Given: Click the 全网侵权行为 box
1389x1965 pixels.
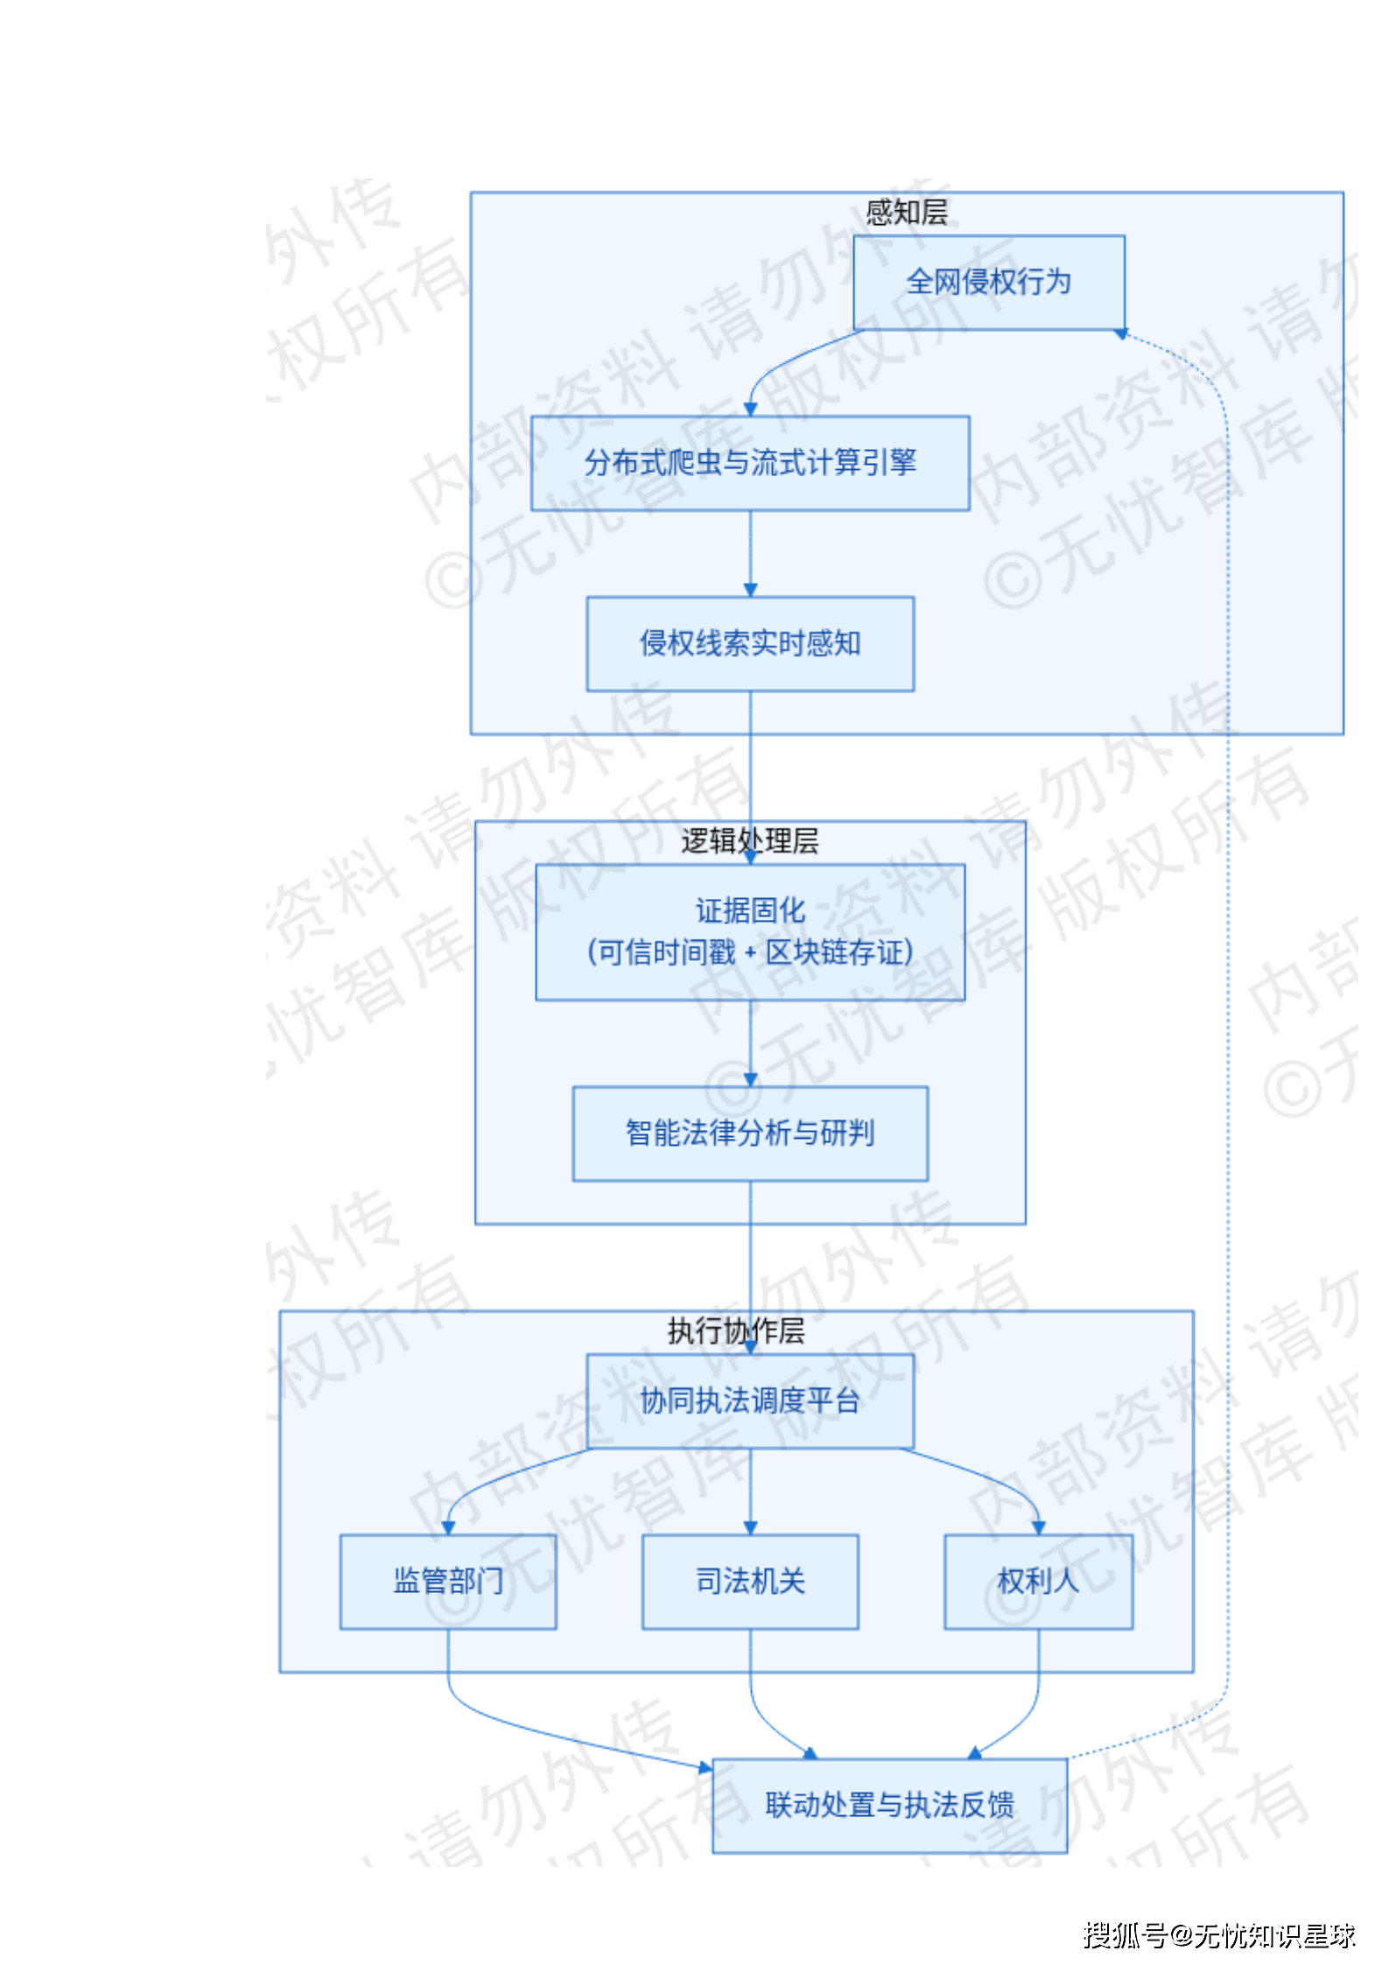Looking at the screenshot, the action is click(988, 282).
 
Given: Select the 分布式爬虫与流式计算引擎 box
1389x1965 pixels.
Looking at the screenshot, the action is click(750, 462).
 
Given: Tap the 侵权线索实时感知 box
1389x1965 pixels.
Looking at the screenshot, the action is click(750, 643).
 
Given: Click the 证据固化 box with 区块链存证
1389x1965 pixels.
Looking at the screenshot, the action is click(750, 931).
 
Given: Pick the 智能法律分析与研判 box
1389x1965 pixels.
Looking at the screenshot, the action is click(750, 1133).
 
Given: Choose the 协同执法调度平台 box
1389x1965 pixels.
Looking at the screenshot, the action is click(750, 1400).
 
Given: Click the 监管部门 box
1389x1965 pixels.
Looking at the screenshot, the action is click(448, 1581).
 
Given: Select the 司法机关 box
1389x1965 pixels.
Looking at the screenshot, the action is click(750, 1581).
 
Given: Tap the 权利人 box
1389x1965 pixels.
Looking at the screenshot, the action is click(1038, 1581).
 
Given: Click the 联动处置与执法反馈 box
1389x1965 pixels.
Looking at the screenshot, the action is click(889, 1805).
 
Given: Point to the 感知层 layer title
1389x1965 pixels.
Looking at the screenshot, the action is click(907, 212).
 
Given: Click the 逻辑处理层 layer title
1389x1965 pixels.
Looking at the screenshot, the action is click(750, 840).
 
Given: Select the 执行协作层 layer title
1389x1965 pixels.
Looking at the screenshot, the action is click(736, 1330).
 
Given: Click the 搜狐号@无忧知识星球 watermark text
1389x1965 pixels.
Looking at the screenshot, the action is click(1218, 1934).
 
